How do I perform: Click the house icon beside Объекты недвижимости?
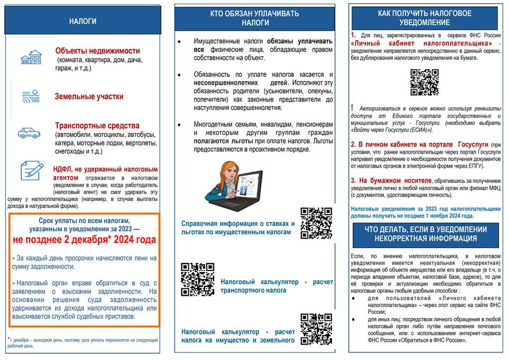[x=31, y=57]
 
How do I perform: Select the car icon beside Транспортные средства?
[x=29, y=133]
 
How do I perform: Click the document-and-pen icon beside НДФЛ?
[x=32, y=171]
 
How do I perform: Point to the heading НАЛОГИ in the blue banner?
[x=83, y=22]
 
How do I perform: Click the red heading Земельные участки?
[x=89, y=96]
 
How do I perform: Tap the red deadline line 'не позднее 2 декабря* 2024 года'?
[x=84, y=240]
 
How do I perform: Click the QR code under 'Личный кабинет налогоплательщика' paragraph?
[x=424, y=82]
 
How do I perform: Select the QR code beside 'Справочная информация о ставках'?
[x=316, y=223]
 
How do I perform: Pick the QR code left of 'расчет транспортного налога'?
[x=197, y=279]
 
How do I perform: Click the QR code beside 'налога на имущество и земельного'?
[x=316, y=329]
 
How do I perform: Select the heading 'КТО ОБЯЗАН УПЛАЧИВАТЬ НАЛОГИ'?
[x=255, y=18]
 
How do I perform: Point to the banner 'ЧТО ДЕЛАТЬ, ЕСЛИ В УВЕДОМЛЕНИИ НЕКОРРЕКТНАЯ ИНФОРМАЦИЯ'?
[x=426, y=234]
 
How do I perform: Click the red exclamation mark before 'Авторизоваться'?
[x=353, y=108]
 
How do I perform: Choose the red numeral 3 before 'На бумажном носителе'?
[x=353, y=180]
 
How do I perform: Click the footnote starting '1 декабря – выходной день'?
[x=82, y=343]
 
